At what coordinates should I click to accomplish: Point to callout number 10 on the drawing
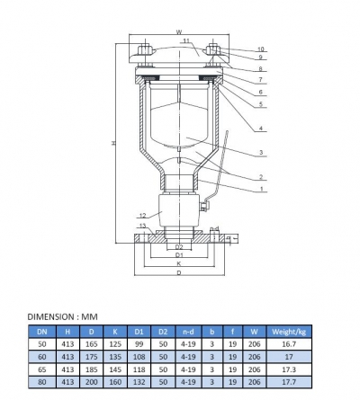(x=261, y=49)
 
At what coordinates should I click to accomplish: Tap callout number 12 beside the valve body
(x=142, y=216)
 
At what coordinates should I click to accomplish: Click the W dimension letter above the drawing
(x=180, y=32)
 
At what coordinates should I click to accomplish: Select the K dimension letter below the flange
(x=178, y=263)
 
